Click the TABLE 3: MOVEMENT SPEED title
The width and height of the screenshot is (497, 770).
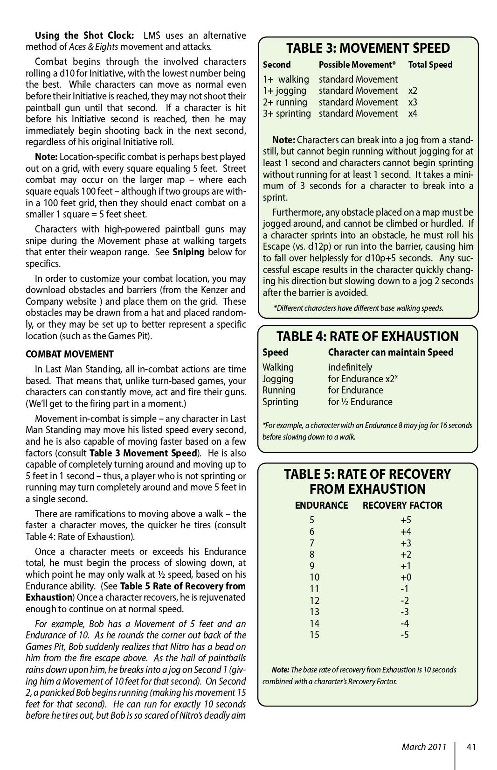coord(368,48)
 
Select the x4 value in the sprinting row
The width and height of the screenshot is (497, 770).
coord(413,113)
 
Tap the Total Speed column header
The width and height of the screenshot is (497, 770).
coord(430,65)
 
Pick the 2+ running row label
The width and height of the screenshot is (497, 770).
coord(285,102)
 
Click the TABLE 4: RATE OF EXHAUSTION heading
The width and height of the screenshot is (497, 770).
coord(367,336)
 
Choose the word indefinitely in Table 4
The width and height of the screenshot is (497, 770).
coord(350,367)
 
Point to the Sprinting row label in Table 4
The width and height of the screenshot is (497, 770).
coord(280,402)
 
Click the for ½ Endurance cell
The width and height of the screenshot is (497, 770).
coord(360,402)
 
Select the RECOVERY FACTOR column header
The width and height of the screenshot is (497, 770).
coord(402,505)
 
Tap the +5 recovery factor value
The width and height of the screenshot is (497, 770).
coord(406,520)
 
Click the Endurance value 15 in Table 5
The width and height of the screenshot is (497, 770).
coord(315,635)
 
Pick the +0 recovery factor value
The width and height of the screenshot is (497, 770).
coord(406,577)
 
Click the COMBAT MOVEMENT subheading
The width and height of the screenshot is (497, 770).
coord(69,354)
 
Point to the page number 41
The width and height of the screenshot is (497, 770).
coord(471,747)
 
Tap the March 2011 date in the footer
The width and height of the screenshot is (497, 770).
coord(424,747)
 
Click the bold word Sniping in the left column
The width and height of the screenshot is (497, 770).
coord(188,252)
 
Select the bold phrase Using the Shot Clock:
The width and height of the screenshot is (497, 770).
coord(85,35)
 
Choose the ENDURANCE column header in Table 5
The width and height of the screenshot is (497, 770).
coord(321,505)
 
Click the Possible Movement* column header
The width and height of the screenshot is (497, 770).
coord(357,65)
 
